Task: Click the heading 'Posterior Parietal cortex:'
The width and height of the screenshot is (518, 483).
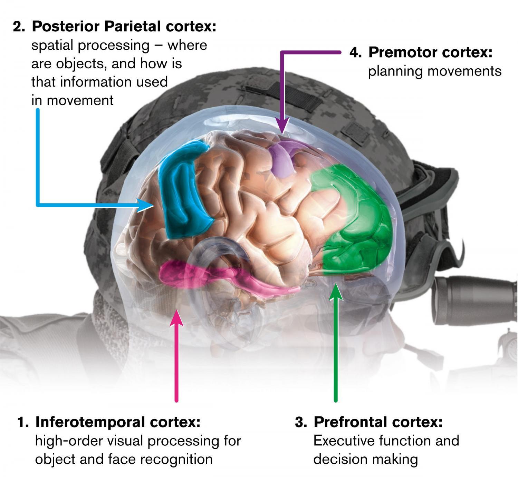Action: (x=124, y=26)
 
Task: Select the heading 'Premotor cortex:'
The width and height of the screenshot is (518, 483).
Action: (x=430, y=52)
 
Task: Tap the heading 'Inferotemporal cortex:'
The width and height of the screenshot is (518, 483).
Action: (x=118, y=422)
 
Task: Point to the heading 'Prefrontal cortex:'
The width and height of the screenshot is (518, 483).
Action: (x=378, y=422)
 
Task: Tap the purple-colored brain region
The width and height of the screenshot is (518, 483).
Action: (x=282, y=159)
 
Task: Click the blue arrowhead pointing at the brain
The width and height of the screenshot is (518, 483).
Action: (x=145, y=205)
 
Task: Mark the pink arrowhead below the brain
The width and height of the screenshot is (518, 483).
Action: (x=177, y=318)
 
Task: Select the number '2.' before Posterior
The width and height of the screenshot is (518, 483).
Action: (x=19, y=27)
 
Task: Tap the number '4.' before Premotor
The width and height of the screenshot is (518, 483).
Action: (x=356, y=53)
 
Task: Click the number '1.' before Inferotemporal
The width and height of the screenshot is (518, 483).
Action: (x=23, y=422)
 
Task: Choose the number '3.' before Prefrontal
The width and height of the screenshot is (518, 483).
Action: (x=301, y=422)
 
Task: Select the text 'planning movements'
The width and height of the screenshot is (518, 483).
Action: (x=435, y=71)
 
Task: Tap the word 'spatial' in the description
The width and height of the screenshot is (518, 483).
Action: (x=52, y=46)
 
